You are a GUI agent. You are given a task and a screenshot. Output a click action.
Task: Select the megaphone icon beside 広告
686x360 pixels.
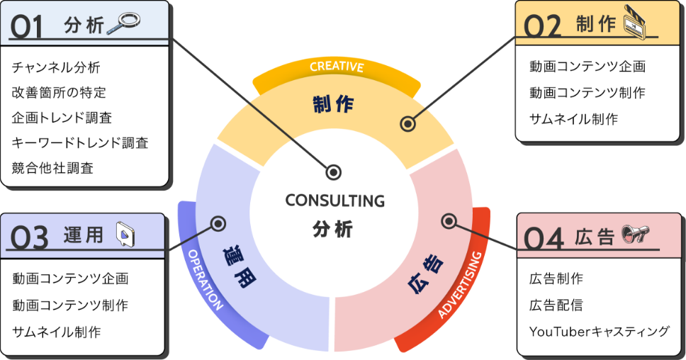coord(635,235)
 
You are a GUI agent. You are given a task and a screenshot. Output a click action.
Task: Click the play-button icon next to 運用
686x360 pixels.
coord(125,234)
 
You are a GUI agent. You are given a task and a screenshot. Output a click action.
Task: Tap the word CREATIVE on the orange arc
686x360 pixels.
coord(337,67)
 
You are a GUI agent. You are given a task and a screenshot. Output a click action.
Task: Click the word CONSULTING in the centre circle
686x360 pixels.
coord(334,201)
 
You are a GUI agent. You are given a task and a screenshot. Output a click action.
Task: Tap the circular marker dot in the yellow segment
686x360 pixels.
coord(407,123)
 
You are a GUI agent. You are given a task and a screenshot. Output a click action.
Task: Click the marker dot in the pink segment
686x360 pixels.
coord(448,221)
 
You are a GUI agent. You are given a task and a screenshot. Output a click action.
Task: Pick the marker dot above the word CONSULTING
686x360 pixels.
coord(334,171)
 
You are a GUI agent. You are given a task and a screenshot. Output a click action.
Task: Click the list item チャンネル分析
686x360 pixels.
coord(56,68)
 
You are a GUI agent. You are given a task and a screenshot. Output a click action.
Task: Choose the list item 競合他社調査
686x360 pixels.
coord(52,168)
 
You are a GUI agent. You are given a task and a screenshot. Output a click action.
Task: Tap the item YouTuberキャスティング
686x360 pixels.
coord(599,331)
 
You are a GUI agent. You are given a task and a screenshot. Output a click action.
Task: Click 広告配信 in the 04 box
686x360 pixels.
coord(556,305)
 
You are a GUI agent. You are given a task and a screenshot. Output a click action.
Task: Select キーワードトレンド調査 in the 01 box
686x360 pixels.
coord(80,142)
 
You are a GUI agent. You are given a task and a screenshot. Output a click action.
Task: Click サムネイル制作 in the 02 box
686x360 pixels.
coord(573,118)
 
